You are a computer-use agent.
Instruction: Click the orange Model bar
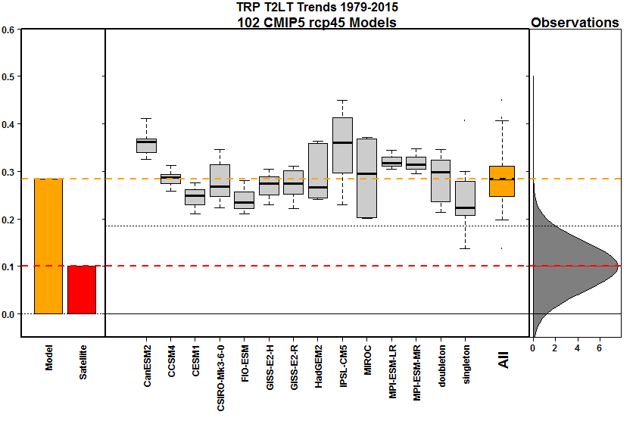[48, 246]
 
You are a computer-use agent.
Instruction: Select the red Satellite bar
[81, 289]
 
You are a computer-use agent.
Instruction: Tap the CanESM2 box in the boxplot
[146, 145]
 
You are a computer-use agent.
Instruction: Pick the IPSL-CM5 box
[342, 145]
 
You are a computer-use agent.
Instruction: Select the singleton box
[465, 198]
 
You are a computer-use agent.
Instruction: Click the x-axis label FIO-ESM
[244, 365]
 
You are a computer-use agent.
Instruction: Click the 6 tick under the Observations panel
[600, 348]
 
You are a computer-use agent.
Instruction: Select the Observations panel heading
[575, 23]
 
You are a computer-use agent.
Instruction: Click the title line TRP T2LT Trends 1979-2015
[317, 8]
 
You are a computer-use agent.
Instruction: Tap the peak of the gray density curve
[618, 266]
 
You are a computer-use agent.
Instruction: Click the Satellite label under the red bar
[83, 362]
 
